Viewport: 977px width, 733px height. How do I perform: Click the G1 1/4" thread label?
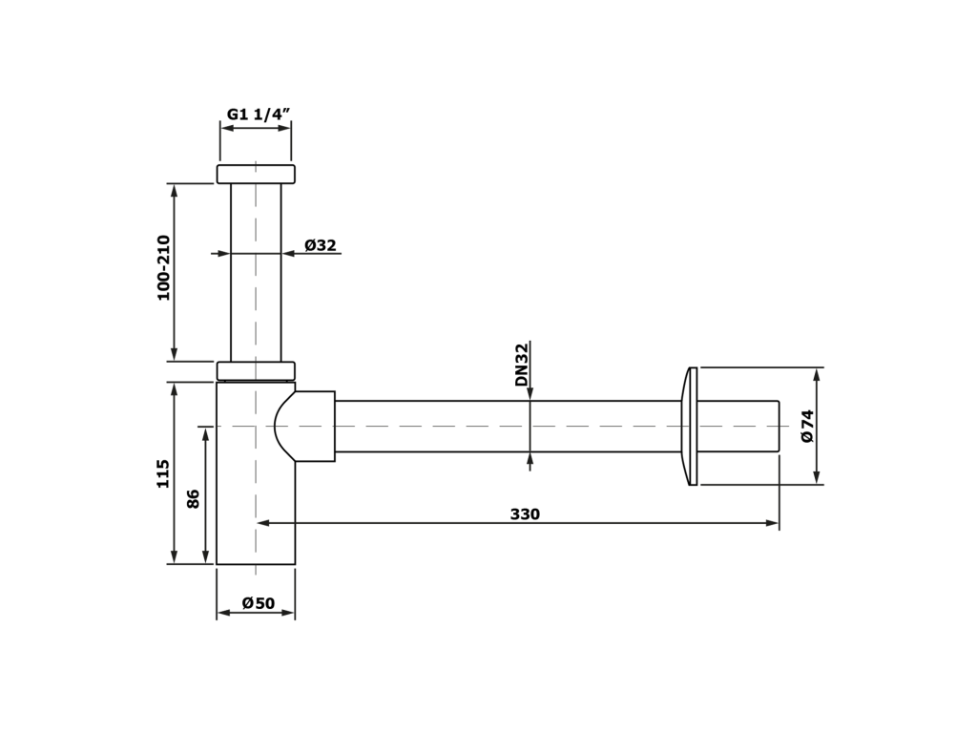point(259,115)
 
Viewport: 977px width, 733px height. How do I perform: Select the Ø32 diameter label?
point(321,245)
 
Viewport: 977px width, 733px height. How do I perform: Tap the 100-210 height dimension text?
point(163,267)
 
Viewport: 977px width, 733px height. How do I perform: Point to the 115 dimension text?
point(162,473)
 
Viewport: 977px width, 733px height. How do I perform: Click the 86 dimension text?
point(193,498)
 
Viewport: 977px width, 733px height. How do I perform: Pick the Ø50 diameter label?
point(258,603)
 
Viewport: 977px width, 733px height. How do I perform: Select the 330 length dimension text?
point(526,514)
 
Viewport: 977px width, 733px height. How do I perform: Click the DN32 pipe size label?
point(522,365)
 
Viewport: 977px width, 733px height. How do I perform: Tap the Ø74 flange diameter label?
point(807,427)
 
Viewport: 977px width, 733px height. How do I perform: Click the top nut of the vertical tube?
point(256,174)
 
